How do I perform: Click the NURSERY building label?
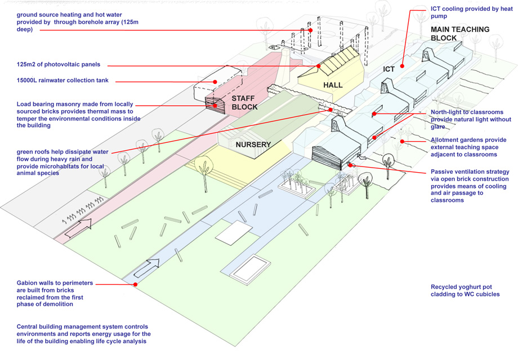[x=253, y=145]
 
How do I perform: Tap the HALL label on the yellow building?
[x=333, y=85]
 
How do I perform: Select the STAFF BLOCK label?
[x=244, y=102]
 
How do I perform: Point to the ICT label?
[x=389, y=69]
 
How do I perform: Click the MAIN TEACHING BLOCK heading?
[x=459, y=34]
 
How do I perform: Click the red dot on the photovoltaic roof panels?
[x=319, y=66]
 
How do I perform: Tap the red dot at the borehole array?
[x=310, y=30]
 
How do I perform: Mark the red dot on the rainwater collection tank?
[x=215, y=82]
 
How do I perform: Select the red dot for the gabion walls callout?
[x=136, y=285]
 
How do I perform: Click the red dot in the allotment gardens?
[x=402, y=141]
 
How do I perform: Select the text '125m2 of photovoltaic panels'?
[x=58, y=65]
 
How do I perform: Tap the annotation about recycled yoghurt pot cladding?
[x=465, y=290]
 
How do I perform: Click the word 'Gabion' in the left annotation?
[x=29, y=282]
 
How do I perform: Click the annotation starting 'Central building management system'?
[x=83, y=334]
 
